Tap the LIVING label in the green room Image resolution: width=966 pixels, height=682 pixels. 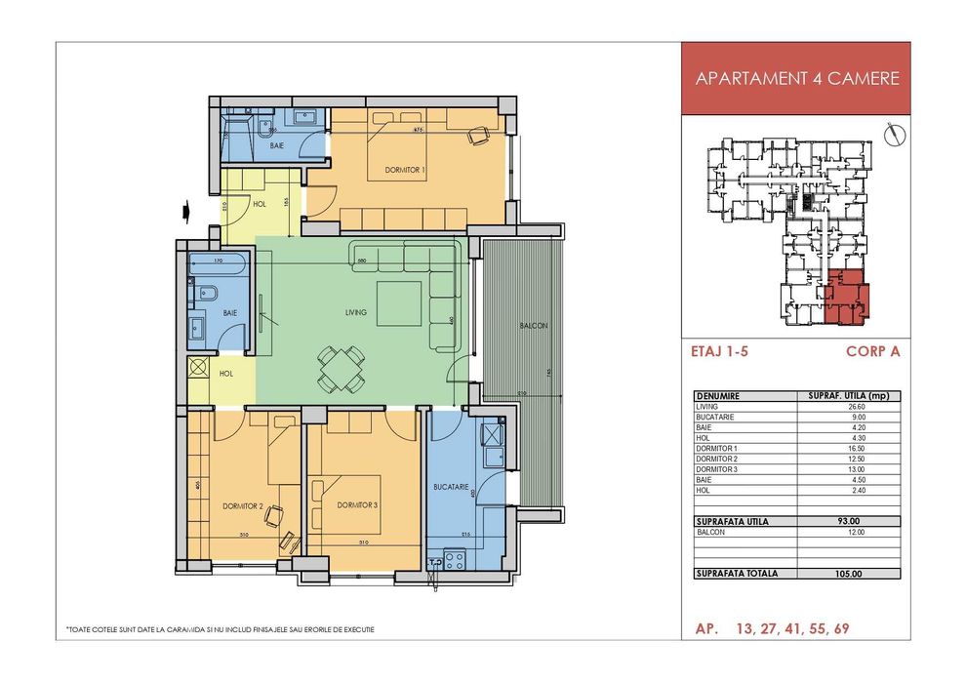[x=356, y=313]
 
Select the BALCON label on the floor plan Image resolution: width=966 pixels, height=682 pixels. [x=533, y=325]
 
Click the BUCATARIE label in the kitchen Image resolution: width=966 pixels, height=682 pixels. [x=452, y=485]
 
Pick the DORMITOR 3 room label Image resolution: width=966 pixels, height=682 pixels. [x=356, y=505]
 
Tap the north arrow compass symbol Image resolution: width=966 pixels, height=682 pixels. [x=890, y=134]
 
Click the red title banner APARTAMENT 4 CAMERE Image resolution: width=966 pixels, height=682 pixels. [x=796, y=79]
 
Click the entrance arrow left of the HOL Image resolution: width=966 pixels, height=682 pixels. [x=184, y=208]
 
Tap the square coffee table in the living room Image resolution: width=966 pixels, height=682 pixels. [x=400, y=303]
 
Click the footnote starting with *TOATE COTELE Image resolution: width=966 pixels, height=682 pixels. [x=220, y=629]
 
